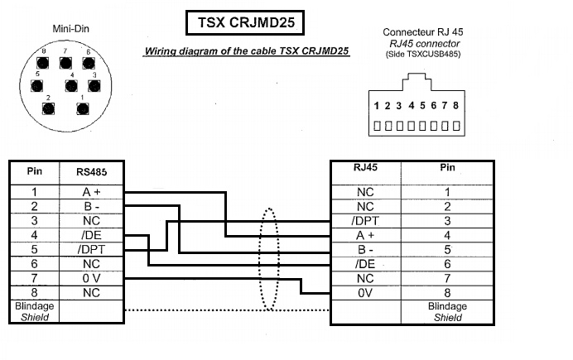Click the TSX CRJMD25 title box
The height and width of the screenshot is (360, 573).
coord(245,22)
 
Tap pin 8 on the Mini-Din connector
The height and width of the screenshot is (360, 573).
coord(42,63)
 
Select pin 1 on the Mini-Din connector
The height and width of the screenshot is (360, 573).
coord(83,108)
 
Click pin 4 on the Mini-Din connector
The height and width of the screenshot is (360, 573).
coord(71,86)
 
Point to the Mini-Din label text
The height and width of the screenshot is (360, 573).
coord(71,29)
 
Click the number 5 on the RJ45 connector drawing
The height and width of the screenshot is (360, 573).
coord(422,106)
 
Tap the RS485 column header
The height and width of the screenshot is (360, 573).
coord(91,172)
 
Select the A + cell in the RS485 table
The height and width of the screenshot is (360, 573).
coord(91,192)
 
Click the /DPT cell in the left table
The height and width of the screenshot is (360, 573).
coord(91,250)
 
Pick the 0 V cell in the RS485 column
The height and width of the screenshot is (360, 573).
coord(91,279)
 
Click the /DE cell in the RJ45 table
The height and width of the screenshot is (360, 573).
coord(365,264)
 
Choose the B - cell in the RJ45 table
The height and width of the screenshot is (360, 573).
coord(365,250)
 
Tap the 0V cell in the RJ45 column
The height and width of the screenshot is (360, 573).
coord(365,293)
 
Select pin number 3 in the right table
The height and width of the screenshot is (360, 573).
coord(447,221)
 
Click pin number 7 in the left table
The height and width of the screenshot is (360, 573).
coord(34,279)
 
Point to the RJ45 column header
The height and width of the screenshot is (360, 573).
coord(365,167)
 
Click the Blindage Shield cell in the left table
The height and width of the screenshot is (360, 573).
coord(34,311)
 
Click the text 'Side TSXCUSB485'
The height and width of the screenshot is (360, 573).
coord(423,55)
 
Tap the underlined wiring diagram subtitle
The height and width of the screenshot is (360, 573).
coord(246,51)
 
